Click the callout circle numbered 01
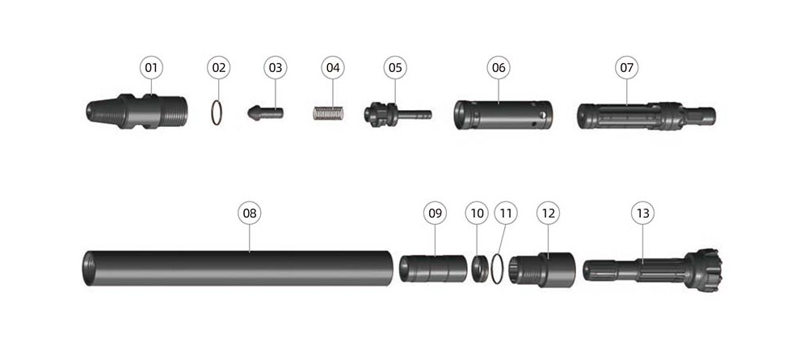point(151,67)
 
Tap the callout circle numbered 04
point(333,67)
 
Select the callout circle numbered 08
point(250,213)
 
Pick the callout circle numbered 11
point(506,213)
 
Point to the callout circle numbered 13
point(642,213)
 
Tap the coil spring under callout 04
point(328,113)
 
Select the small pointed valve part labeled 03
point(265,113)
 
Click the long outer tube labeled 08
point(238,268)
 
